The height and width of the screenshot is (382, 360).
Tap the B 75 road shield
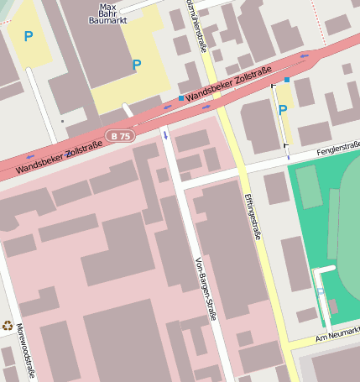point(120,135)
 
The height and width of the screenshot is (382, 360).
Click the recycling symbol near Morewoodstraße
point(8,326)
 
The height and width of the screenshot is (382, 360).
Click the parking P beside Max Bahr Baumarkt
point(136,65)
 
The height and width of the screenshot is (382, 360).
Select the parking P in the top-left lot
point(28,36)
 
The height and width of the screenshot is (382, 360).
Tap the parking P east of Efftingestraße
point(283,110)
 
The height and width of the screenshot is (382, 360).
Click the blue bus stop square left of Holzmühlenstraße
point(180,98)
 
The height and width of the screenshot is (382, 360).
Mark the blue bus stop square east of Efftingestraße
point(287,80)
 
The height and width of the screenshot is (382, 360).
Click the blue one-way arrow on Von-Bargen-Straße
point(165,133)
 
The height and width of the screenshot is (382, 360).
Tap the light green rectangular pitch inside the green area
point(309,186)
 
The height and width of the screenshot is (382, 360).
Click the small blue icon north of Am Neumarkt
point(320,291)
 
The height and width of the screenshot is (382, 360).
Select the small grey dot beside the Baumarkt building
point(62,121)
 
